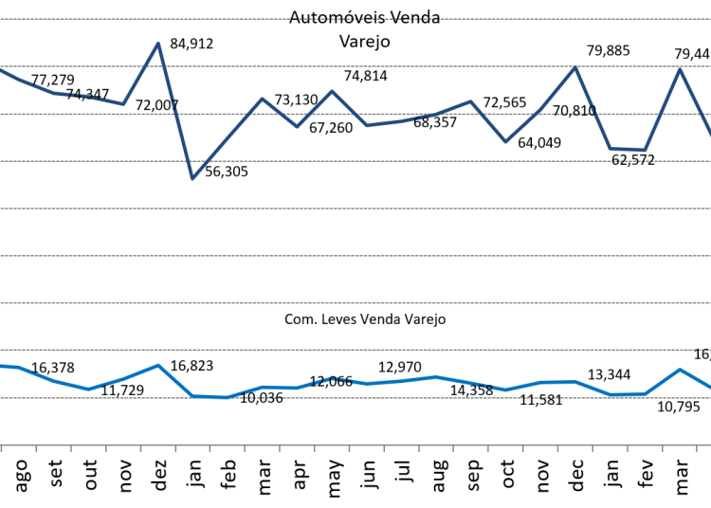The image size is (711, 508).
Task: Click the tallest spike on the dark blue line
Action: tap(158, 44)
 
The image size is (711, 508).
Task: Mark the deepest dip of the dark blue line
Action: tap(192, 178)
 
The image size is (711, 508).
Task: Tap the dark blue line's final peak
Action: tap(680, 69)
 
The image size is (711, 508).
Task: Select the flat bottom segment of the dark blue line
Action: tap(628, 150)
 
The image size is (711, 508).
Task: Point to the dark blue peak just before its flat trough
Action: tap(574, 67)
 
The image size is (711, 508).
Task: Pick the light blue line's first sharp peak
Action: tap(158, 365)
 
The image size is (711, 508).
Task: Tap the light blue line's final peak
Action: tap(680, 370)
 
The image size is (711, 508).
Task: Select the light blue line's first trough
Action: tap(88, 389)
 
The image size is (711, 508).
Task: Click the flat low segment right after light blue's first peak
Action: tap(210, 396)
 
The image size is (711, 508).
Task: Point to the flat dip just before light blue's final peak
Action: tap(628, 394)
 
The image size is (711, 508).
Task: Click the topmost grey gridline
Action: tap(355, 19)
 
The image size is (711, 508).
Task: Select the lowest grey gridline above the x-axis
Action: tap(355, 397)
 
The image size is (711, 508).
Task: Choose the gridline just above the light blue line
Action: tap(355, 350)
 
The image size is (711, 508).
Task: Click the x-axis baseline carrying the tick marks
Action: tap(355, 444)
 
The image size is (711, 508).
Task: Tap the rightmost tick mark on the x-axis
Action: tap(697, 448)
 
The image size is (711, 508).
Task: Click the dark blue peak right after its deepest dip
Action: tap(263, 99)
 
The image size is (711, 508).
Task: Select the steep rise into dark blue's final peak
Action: tap(663, 110)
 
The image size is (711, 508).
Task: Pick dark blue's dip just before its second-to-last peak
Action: tap(505, 142)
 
